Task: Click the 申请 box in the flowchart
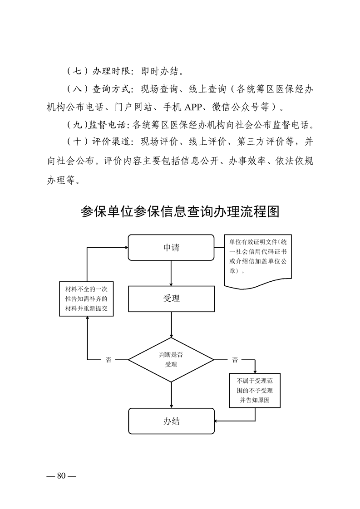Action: (x=171, y=248)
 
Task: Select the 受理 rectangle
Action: (x=171, y=298)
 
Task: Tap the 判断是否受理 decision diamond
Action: (x=171, y=360)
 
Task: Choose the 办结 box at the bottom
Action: (x=171, y=421)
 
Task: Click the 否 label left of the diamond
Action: (x=108, y=360)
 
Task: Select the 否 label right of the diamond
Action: (x=235, y=360)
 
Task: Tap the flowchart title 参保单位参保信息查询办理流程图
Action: (x=180, y=211)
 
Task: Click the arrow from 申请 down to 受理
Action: (x=171, y=273)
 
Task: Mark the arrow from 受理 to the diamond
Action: (x=171, y=324)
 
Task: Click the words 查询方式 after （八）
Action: (x=110, y=89)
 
